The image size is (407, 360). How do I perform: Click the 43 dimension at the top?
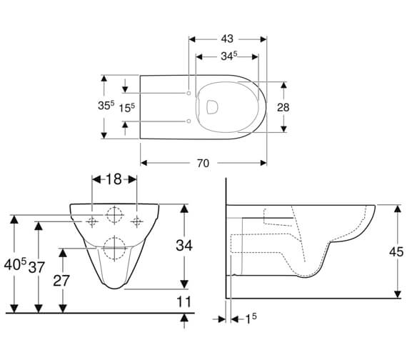[228, 38]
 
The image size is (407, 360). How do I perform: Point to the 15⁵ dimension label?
[128, 107]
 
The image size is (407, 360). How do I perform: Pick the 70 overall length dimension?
[203, 164]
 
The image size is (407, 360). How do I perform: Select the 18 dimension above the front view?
[114, 180]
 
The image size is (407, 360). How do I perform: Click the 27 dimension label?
[61, 280]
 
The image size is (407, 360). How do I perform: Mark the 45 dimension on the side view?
[396, 251]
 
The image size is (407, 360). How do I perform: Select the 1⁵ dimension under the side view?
[250, 318]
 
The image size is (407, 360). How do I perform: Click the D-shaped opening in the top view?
[211, 107]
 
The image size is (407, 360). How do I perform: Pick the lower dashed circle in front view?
[114, 247]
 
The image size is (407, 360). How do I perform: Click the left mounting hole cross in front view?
[92, 221]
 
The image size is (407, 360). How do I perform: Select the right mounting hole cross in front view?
[136, 221]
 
